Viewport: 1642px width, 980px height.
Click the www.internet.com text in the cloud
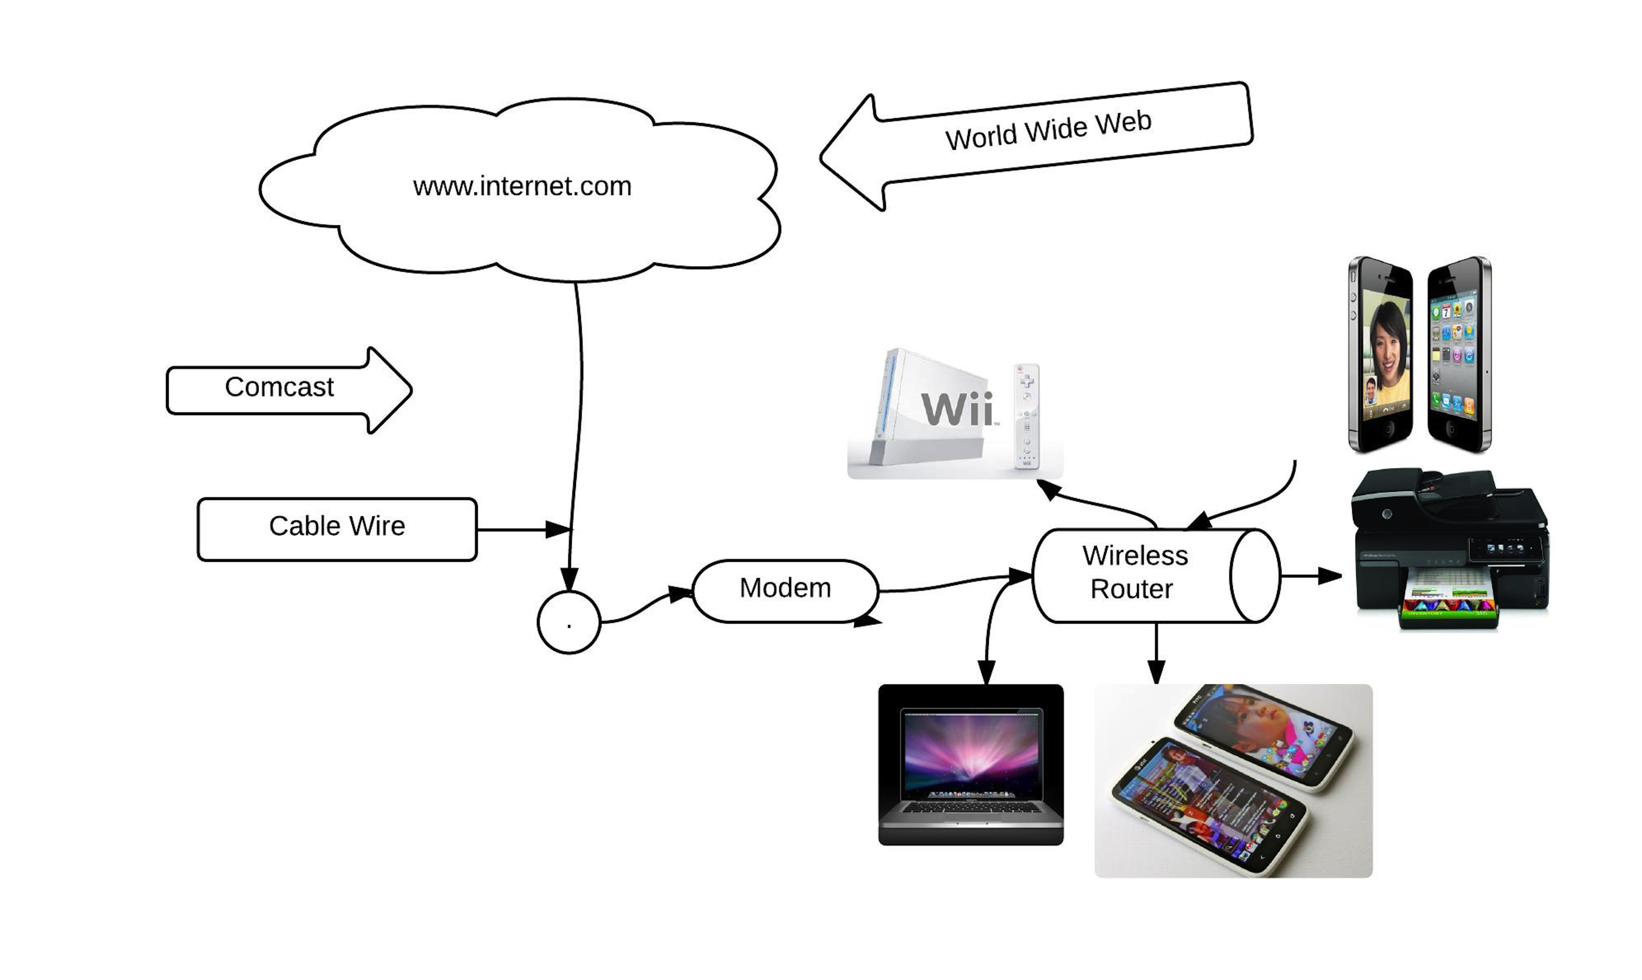(x=522, y=186)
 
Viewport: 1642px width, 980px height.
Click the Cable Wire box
(x=337, y=529)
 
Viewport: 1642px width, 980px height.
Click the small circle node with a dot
(x=569, y=622)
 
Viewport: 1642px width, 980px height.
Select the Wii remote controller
(x=1026, y=416)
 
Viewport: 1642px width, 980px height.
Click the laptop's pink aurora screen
(x=971, y=751)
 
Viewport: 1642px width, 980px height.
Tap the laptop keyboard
(x=971, y=807)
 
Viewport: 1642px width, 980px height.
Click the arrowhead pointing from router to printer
(x=1329, y=576)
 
